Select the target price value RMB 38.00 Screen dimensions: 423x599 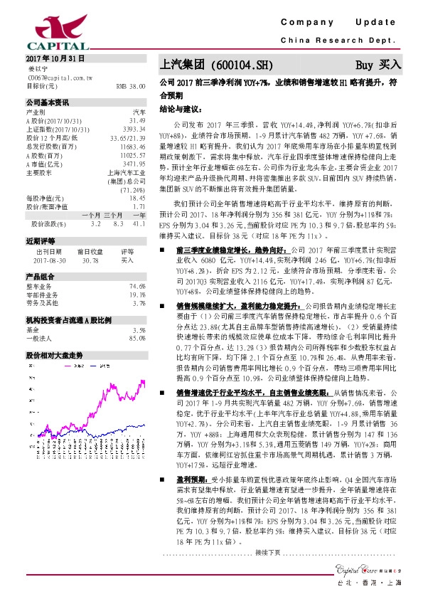[x=130, y=85]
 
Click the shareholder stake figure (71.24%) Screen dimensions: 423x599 [x=134, y=191]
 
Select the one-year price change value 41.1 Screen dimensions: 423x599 [x=139, y=223]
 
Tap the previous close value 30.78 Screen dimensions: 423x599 [x=91, y=261]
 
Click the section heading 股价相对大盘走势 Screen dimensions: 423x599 [x=50, y=354]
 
